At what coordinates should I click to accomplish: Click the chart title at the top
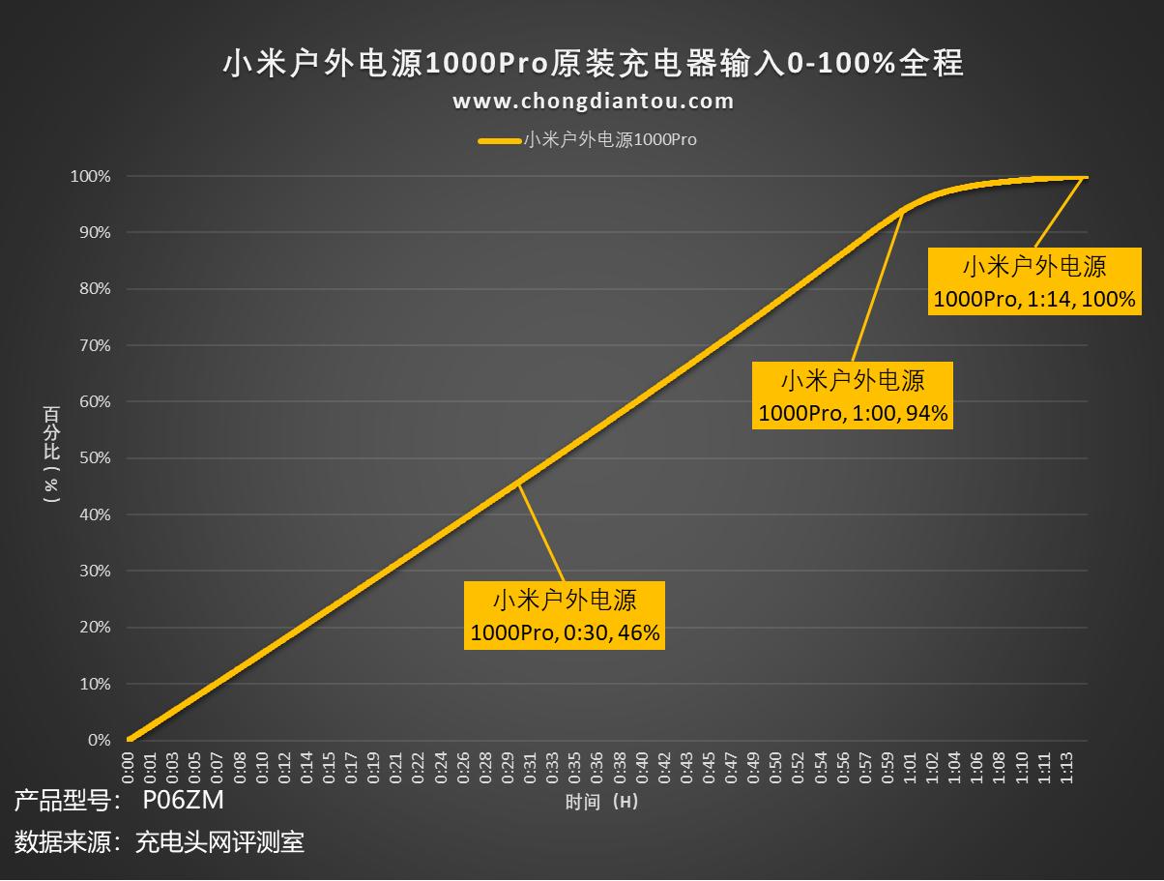click(593, 64)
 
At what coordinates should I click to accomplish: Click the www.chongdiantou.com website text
click(593, 101)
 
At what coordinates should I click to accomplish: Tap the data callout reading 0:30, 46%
click(565, 615)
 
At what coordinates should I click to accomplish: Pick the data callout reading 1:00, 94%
click(853, 396)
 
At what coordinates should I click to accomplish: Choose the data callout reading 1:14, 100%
click(1033, 281)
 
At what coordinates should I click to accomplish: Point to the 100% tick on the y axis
click(90, 176)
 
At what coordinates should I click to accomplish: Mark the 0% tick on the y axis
click(99, 741)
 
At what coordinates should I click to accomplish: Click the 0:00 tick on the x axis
click(128, 764)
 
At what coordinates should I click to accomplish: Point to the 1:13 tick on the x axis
click(1067, 764)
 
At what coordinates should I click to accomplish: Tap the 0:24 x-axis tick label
click(441, 764)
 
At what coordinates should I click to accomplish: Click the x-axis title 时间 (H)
click(601, 802)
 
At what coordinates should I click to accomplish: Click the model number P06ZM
click(183, 801)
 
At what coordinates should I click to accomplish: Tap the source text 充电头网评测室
click(219, 842)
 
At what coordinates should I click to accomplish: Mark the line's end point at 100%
click(1087, 177)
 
